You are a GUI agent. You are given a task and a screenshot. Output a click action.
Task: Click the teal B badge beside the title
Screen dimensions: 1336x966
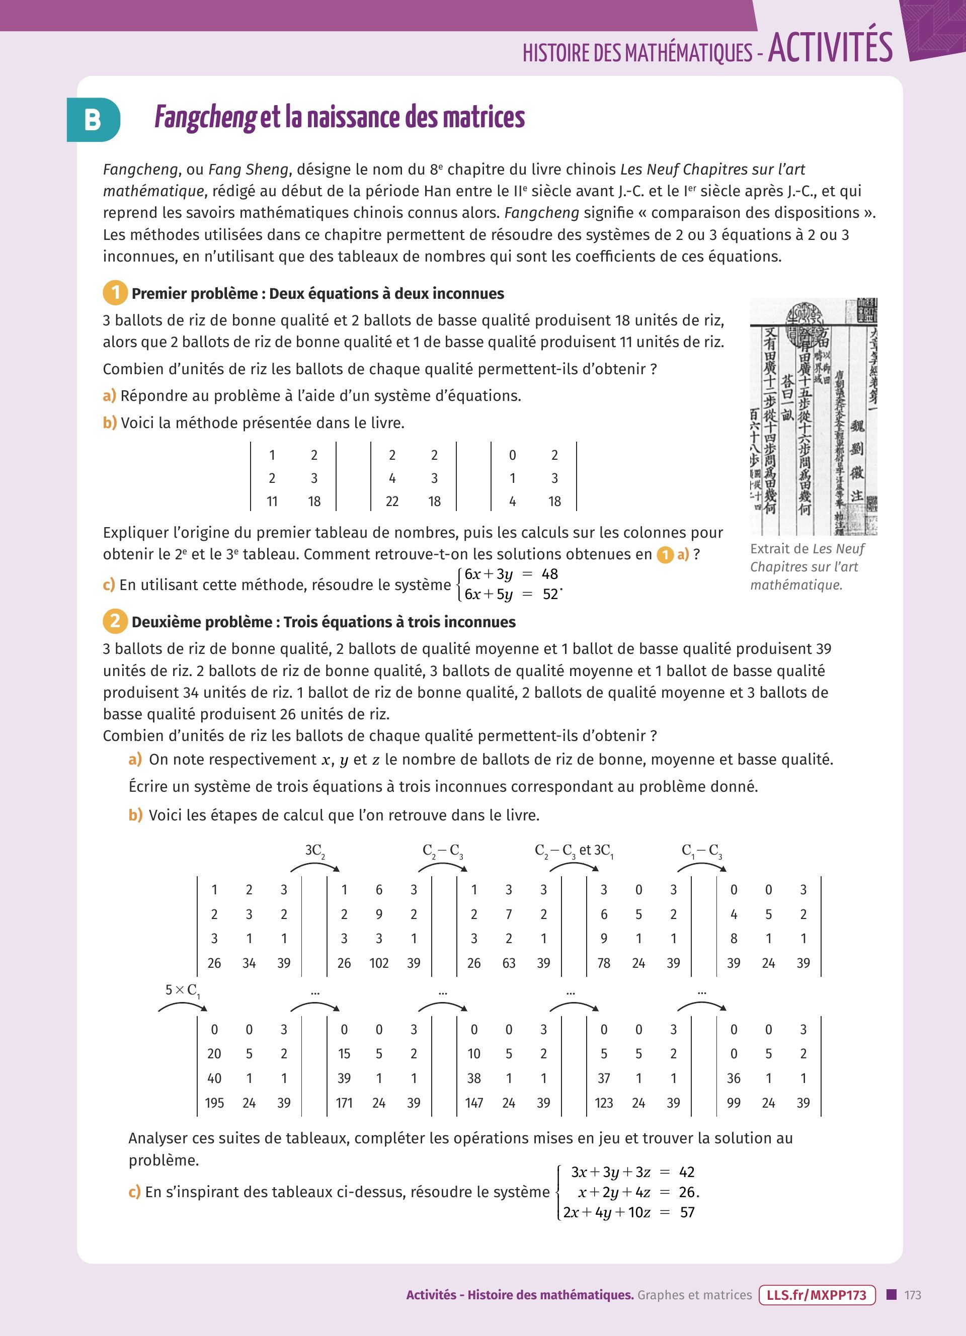tap(93, 120)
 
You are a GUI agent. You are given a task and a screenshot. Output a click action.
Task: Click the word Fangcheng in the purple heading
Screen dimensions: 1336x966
tap(205, 117)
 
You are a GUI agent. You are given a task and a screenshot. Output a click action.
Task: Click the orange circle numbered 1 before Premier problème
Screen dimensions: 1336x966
tap(115, 293)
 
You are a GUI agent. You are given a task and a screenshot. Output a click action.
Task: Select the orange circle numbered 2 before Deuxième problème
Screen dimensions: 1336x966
tap(115, 621)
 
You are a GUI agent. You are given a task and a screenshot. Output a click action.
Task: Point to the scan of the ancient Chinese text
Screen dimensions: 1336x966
tap(814, 416)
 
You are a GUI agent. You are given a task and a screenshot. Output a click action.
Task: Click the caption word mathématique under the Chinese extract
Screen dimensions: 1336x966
tap(796, 585)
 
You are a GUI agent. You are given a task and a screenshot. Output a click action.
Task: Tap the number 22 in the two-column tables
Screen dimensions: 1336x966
tap(392, 502)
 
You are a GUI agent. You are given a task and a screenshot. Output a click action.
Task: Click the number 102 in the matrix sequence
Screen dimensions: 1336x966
tap(379, 963)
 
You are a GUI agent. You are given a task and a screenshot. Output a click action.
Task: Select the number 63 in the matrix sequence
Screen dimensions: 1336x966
tap(509, 963)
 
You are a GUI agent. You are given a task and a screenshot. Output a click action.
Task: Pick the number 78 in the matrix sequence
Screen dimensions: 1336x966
tap(604, 963)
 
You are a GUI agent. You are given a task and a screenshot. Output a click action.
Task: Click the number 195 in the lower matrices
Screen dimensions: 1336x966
tap(214, 1103)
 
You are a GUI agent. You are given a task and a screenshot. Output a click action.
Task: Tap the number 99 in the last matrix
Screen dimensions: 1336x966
tap(734, 1103)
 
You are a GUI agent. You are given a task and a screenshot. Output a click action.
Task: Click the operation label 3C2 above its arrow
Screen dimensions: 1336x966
tap(314, 851)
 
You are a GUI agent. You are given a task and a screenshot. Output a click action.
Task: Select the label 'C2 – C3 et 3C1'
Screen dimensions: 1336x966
tap(574, 851)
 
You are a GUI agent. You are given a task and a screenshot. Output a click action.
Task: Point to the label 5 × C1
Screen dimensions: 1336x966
tap(183, 990)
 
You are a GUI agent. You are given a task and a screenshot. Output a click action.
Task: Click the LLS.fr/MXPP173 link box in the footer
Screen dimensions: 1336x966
tap(817, 1295)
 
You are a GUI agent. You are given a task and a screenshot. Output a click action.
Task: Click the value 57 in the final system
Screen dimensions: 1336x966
tap(687, 1212)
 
